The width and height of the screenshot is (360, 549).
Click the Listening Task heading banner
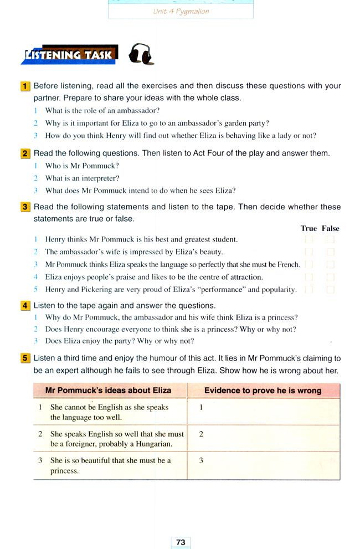tap(69, 55)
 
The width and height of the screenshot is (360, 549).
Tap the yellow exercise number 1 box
tap(25, 86)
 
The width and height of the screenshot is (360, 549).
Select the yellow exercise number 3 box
tap(25, 207)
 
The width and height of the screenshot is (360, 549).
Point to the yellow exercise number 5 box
tap(25, 358)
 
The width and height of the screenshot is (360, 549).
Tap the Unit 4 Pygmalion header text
tap(181, 11)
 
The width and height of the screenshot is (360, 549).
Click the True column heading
tap(308, 228)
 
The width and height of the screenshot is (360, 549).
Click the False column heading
tap(331, 228)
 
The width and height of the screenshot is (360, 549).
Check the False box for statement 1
tap(331, 240)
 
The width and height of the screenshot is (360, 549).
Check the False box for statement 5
tap(331, 290)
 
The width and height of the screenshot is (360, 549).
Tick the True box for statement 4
tap(308, 277)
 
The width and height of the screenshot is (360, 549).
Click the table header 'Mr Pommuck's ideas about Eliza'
tap(108, 391)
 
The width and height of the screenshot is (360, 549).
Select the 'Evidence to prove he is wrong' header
tap(263, 391)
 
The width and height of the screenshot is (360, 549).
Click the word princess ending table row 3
tap(64, 471)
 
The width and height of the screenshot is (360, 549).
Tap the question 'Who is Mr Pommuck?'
tap(82, 166)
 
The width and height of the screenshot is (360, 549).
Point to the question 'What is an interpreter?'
tap(82, 178)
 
